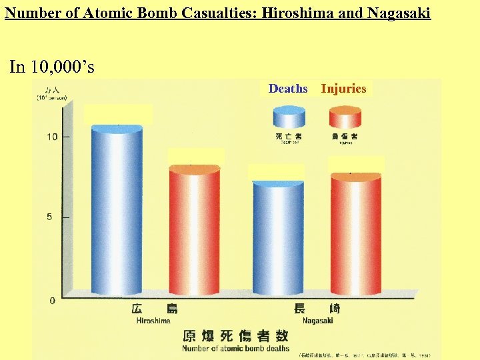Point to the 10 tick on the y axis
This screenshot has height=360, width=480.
pyautogui.click(x=52, y=137)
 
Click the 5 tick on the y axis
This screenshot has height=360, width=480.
pyautogui.click(x=53, y=217)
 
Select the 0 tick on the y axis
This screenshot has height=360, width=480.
pyautogui.click(x=53, y=301)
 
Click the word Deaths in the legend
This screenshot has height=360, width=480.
pyautogui.click(x=288, y=89)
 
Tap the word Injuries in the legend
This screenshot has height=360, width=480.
pyautogui.click(x=343, y=89)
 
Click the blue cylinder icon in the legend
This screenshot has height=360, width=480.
pyautogui.click(x=288, y=117)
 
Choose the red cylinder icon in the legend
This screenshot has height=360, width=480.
pyautogui.click(x=345, y=117)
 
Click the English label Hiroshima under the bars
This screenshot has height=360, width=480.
pyautogui.click(x=153, y=321)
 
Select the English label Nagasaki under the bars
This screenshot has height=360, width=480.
pyautogui.click(x=317, y=321)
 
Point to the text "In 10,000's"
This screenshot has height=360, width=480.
pyautogui.click(x=52, y=67)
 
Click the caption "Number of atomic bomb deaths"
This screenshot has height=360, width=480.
pyautogui.click(x=236, y=348)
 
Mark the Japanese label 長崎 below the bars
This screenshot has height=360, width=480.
pyautogui.click(x=317, y=309)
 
